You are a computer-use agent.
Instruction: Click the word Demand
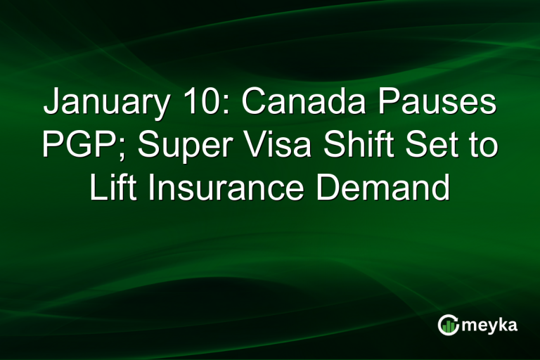point(383,188)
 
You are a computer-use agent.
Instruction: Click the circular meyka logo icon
point(449,325)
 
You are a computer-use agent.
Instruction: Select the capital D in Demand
point(330,188)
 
